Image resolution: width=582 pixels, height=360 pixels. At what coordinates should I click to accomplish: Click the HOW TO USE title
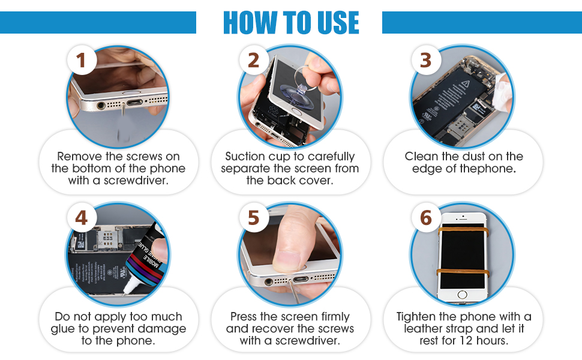click(290, 22)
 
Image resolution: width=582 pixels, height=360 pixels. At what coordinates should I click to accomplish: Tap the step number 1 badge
click(82, 60)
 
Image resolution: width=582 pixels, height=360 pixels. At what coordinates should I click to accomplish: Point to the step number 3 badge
click(425, 60)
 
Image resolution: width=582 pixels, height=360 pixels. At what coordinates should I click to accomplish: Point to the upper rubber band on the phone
click(462, 230)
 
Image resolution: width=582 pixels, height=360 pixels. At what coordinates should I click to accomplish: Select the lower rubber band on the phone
click(462, 272)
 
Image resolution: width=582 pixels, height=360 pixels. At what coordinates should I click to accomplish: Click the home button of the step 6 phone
click(463, 295)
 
